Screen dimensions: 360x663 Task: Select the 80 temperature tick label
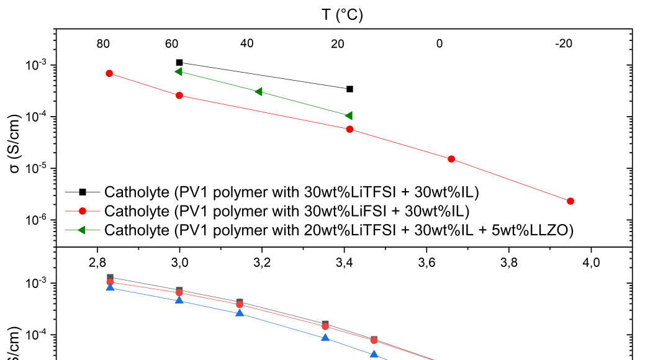click(x=103, y=44)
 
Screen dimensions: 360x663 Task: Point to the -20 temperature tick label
click(x=564, y=44)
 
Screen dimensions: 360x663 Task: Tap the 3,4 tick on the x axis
click(x=344, y=262)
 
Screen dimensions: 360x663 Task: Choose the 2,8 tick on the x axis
click(x=97, y=262)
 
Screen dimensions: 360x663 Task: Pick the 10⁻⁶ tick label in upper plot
click(x=38, y=220)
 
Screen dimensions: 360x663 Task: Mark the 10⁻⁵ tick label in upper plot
click(x=38, y=169)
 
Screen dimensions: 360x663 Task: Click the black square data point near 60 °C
click(x=179, y=63)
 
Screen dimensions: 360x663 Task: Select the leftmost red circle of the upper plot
click(x=109, y=73)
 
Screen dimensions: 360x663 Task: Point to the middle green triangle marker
click(x=258, y=92)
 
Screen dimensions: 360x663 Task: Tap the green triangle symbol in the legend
click(x=81, y=230)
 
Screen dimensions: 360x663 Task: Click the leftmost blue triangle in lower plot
click(x=110, y=287)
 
